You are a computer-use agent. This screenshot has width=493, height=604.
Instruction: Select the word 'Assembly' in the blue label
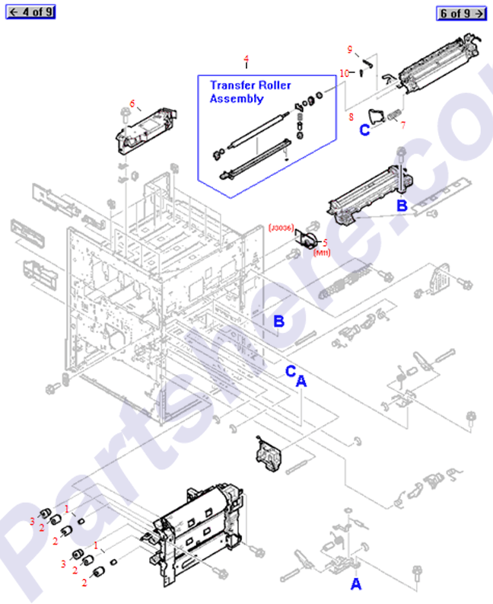point(236,99)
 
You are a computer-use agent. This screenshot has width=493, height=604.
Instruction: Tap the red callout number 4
point(246,59)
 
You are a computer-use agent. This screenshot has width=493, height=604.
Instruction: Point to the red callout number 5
point(326,242)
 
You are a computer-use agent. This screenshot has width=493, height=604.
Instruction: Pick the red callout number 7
point(402,125)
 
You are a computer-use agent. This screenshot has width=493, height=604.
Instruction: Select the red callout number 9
point(350,50)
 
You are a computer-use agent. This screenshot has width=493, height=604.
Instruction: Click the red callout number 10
point(344,73)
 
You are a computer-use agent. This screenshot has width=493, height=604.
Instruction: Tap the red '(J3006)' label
point(281,228)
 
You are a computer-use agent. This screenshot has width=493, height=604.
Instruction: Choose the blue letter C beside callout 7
point(364,129)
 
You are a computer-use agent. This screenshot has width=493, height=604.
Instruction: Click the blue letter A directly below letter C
point(301,382)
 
